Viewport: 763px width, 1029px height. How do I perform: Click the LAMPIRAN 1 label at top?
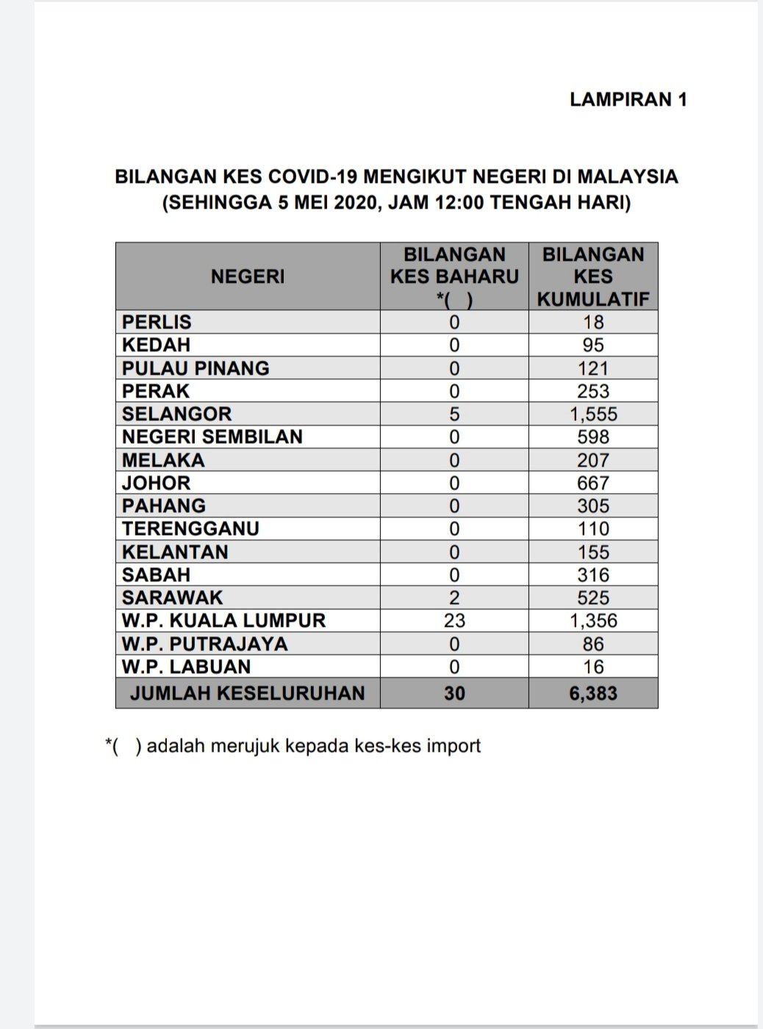628,99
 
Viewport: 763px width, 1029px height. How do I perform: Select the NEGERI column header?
248,276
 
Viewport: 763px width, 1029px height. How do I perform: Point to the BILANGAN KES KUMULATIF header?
593,276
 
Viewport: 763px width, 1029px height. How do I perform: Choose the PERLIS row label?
157,322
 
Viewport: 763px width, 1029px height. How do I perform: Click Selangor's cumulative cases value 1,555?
593,414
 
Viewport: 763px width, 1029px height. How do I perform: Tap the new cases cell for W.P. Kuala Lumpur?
454,621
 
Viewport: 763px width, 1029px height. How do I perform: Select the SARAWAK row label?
172,598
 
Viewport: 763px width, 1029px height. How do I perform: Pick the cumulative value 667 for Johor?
593,483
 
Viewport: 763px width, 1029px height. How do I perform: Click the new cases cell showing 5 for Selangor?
454,414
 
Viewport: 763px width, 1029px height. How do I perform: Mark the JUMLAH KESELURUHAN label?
248,693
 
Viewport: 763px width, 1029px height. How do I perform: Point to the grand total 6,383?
593,693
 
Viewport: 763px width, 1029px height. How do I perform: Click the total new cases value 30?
454,693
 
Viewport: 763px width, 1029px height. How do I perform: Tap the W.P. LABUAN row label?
186,667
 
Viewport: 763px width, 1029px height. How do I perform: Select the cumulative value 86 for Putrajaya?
593,644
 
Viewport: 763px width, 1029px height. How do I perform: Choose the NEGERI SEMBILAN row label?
212,437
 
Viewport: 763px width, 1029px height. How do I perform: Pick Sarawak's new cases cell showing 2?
454,598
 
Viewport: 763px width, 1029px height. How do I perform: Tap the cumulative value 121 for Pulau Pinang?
593,368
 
